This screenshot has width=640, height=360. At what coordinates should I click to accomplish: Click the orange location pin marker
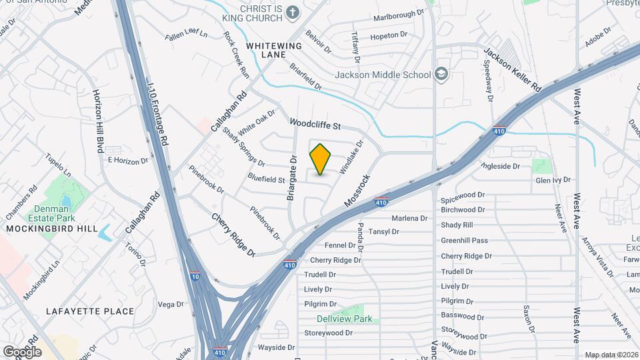coord(321,159)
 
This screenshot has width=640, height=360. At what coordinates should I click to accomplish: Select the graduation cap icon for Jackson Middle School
coord(441,73)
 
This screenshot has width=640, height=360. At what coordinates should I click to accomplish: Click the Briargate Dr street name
coord(291,176)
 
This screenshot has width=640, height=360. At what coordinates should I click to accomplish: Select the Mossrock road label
coord(357,190)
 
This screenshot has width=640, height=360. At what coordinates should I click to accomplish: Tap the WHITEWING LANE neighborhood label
coord(274,50)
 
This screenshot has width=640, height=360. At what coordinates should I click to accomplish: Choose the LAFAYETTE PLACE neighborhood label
coord(90,311)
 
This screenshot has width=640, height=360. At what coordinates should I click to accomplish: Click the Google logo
coord(22,351)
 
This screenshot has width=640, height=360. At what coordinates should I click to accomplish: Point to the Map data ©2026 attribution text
coord(611,355)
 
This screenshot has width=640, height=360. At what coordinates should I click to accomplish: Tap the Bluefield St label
coord(266,179)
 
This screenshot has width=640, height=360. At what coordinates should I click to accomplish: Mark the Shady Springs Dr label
coord(244,147)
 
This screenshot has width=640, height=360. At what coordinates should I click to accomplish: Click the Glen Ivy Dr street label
coord(553,180)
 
